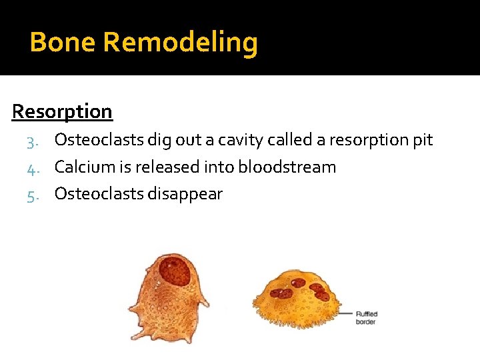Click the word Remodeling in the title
[181, 43]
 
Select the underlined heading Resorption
[62, 111]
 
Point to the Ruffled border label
[366, 317]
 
